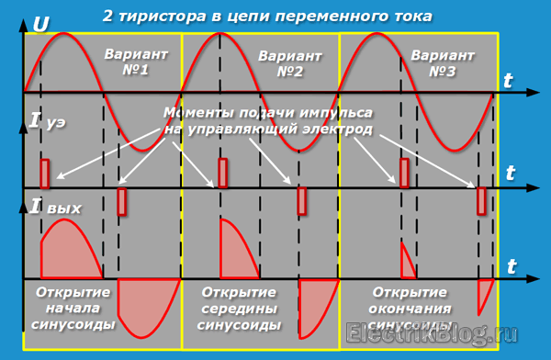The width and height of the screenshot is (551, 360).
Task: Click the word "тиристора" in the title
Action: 163,17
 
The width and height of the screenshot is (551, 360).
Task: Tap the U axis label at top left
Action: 40,25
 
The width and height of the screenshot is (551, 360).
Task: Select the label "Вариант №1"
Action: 136,62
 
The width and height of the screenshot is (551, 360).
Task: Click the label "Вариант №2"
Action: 290,63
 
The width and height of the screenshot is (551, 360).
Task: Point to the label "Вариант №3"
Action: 443,63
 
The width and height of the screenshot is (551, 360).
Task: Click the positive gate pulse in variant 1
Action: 45,174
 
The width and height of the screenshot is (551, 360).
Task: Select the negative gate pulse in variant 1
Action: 121,201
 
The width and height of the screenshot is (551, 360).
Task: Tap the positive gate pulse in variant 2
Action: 222,173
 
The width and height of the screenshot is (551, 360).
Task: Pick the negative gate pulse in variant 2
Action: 301,201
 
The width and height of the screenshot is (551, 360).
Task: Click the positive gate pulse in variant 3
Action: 404,173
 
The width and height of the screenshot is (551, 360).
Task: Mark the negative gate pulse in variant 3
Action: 481,201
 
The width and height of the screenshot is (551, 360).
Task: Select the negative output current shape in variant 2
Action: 313,306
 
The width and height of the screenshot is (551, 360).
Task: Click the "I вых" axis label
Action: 55,207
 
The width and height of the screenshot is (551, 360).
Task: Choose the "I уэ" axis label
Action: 48,120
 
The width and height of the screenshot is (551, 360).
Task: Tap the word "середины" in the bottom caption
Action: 239,309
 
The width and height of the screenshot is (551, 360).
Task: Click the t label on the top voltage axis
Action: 508,81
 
